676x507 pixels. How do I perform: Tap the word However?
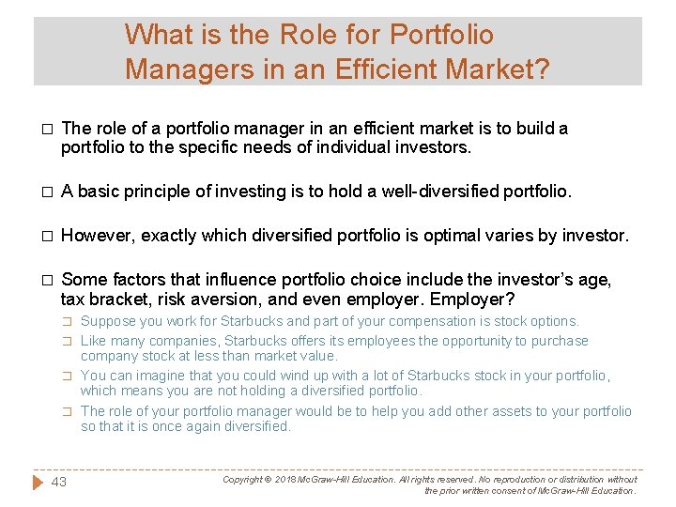pyautogui.click(x=99, y=236)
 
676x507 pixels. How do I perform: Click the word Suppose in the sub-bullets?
pyautogui.click(x=108, y=321)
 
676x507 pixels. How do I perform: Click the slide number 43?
pyautogui.click(x=58, y=482)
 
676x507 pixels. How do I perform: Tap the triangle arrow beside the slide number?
pyautogui.click(x=38, y=482)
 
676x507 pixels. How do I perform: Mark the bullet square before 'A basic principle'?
pyautogui.click(x=46, y=192)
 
